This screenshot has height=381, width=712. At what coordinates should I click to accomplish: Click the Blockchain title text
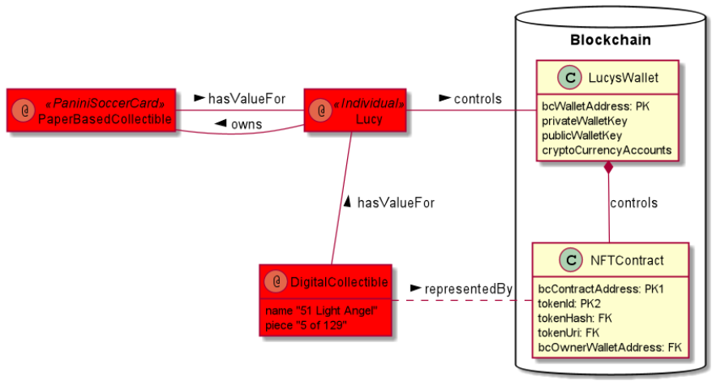[611, 39]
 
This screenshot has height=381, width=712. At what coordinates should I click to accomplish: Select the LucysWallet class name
[622, 78]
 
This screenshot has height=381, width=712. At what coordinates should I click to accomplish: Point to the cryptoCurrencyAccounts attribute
[607, 150]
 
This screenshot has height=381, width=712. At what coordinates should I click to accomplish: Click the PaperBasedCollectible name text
[105, 118]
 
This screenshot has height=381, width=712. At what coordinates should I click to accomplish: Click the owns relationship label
[246, 124]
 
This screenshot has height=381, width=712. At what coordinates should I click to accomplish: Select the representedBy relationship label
[469, 289]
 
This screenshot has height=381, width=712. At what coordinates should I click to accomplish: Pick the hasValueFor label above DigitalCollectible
[395, 203]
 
